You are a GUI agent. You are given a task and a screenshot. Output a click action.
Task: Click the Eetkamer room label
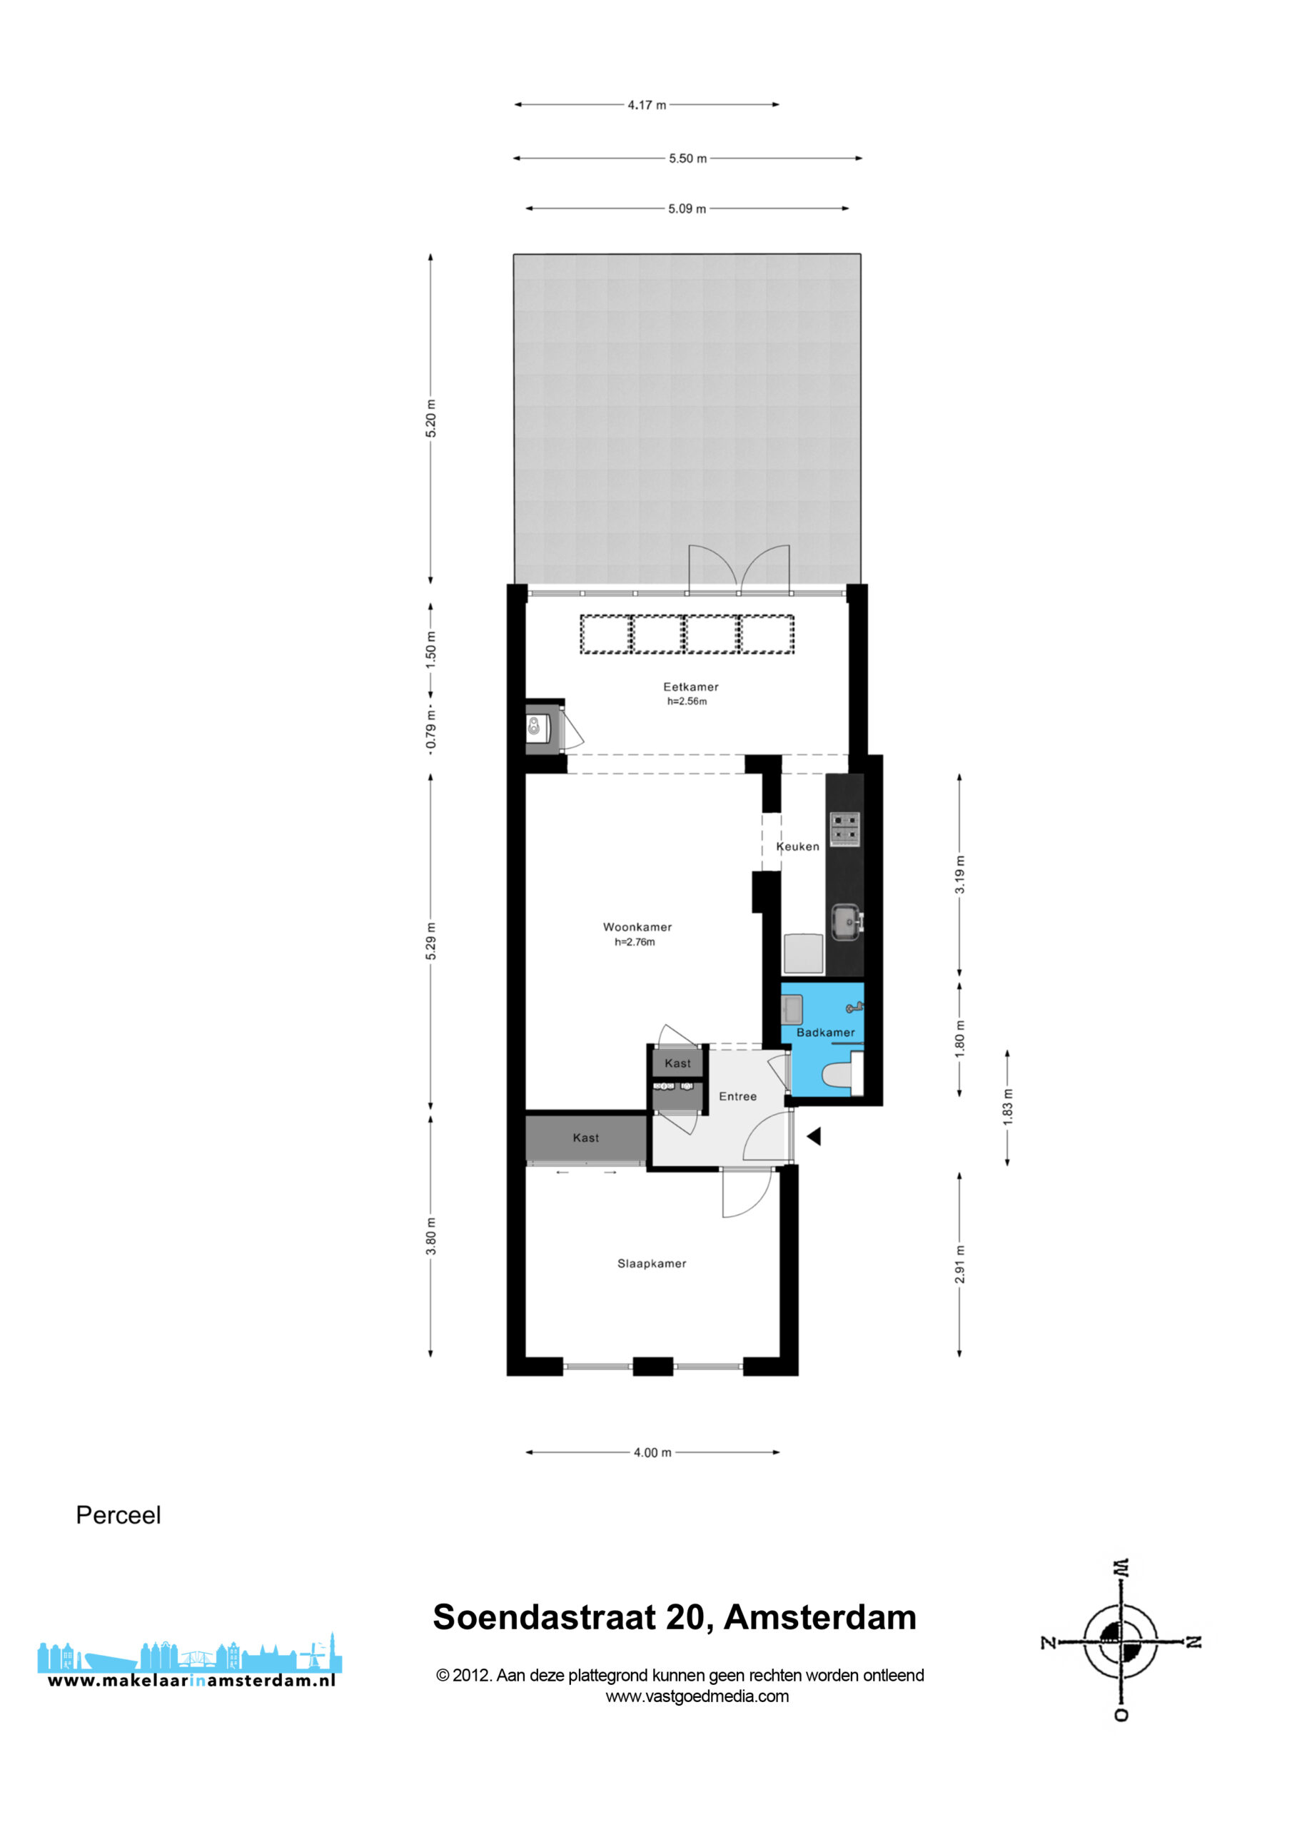click(691, 687)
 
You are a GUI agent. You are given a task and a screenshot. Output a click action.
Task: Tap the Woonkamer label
click(637, 927)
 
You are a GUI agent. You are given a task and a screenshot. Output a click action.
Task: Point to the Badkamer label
click(825, 1032)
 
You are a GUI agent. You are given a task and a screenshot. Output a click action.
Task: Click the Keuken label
click(797, 846)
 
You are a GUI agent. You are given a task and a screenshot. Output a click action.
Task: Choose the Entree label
click(738, 1096)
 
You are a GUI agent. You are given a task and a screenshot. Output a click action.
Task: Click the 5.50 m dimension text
click(688, 158)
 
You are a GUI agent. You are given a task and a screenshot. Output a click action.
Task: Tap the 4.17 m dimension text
click(647, 105)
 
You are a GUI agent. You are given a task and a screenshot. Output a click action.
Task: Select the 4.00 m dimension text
click(652, 1453)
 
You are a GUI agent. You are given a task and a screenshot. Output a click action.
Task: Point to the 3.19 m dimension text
click(960, 874)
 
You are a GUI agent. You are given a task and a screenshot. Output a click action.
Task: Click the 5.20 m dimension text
click(430, 418)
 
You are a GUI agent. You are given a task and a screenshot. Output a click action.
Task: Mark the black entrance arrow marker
click(814, 1136)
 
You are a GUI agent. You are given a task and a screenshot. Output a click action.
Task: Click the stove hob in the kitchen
click(844, 828)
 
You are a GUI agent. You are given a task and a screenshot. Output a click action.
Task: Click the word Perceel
click(118, 1515)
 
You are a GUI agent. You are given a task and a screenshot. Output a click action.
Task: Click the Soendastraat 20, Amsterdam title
click(675, 1618)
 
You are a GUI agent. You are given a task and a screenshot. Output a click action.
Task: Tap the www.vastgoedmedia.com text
click(697, 1696)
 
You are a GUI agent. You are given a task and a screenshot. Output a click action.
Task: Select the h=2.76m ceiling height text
click(635, 942)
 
